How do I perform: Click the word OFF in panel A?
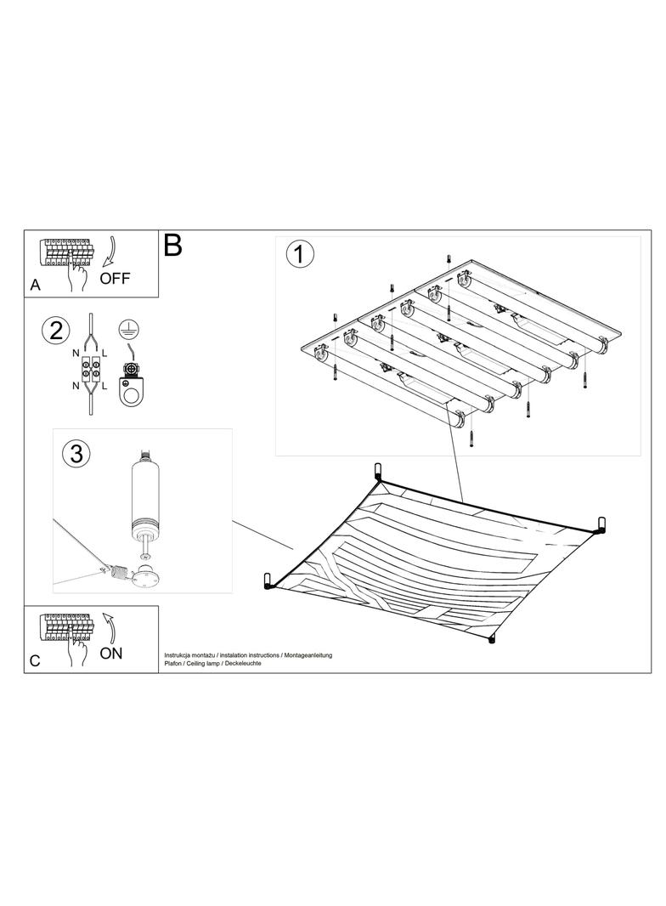tap(115, 279)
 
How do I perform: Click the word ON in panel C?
tap(111, 654)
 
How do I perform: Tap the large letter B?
tap(172, 245)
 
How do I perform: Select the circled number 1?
tap(300, 255)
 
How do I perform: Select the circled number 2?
tap(56, 331)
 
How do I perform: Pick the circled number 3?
tap(76, 454)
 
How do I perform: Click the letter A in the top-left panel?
tap(35, 286)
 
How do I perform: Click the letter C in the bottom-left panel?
tap(35, 661)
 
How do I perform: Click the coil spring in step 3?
tap(119, 574)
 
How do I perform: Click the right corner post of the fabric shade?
tap(601, 524)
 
